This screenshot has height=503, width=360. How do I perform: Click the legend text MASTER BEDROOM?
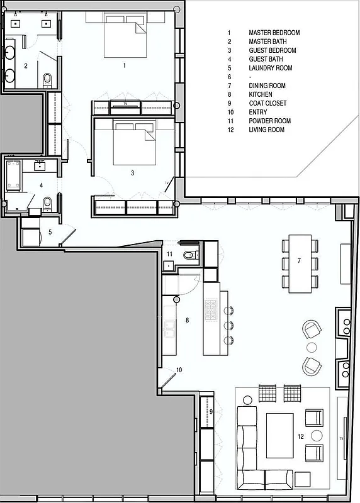click(x=274, y=33)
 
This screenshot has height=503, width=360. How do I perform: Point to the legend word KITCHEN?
click(x=261, y=94)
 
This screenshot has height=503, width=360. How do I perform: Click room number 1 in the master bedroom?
click(x=125, y=65)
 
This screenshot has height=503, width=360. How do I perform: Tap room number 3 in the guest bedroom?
click(x=133, y=172)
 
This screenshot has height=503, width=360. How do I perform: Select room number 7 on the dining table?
click(x=300, y=260)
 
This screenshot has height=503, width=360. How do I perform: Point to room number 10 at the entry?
click(x=179, y=370)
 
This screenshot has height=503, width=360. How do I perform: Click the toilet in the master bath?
click(x=47, y=79)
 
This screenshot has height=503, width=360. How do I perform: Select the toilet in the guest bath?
click(x=47, y=202)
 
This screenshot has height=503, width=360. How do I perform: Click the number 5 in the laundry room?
click(x=50, y=231)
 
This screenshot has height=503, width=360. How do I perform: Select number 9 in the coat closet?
click(x=211, y=411)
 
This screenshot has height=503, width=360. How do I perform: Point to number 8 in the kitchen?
click(x=186, y=320)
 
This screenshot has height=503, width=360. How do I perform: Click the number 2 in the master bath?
click(x=26, y=65)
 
